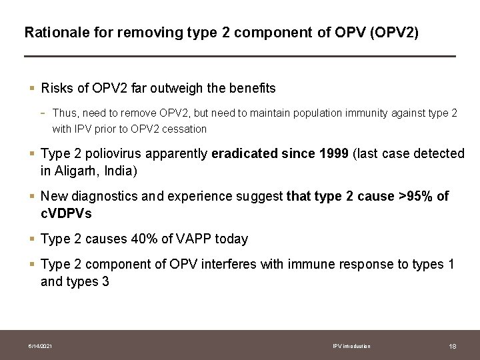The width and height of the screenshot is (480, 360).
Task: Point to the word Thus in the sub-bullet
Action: (64, 113)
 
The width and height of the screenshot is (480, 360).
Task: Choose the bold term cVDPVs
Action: (66, 213)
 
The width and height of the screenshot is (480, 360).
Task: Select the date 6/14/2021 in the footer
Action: (41, 346)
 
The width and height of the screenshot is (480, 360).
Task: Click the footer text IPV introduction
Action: (351, 346)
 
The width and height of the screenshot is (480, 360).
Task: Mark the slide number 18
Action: (453, 346)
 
